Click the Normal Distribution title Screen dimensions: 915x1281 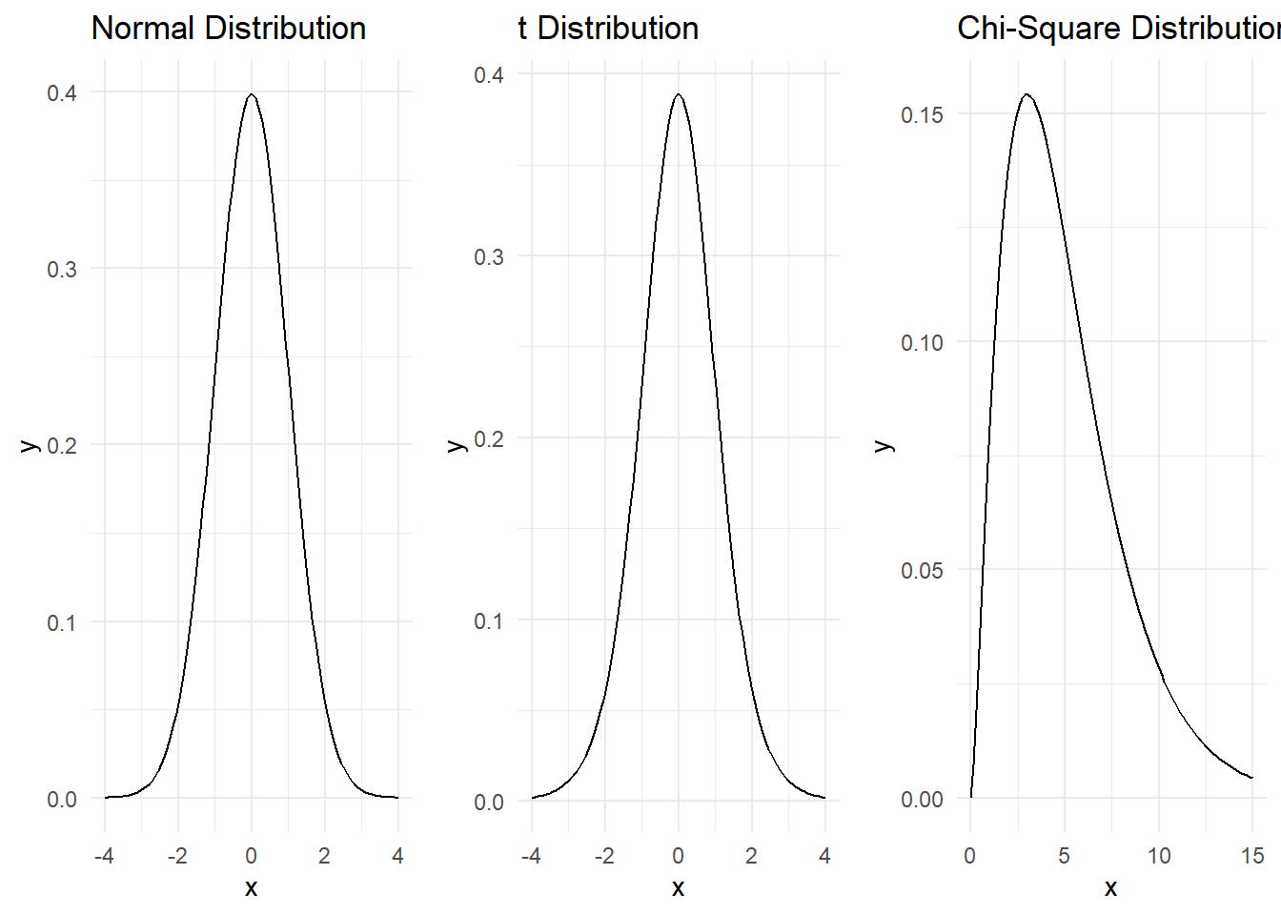[229, 29]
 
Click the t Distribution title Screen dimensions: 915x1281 [608, 29]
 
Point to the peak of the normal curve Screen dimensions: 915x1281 [251, 94]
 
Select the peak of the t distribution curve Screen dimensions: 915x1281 [678, 94]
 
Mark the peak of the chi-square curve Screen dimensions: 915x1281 [1027, 94]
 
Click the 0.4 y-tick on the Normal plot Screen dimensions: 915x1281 [62, 92]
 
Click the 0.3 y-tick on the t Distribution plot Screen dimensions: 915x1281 [489, 256]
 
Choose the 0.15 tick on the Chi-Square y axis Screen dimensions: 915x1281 [922, 114]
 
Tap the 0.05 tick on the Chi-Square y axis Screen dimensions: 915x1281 [922, 570]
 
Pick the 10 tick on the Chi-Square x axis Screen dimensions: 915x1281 [1159, 856]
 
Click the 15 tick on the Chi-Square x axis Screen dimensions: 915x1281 [1252, 856]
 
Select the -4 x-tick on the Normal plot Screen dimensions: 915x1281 [104, 856]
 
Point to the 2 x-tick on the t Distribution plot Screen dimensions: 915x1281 [751, 856]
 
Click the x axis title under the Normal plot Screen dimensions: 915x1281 [251, 888]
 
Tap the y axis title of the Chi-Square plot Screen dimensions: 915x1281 [884, 445]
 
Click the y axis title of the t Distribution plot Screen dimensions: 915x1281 [457, 445]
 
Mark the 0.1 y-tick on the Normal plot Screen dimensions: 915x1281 [62, 622]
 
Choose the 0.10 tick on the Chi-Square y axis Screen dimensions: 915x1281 [922, 342]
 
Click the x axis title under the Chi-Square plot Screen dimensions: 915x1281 [1110, 888]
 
